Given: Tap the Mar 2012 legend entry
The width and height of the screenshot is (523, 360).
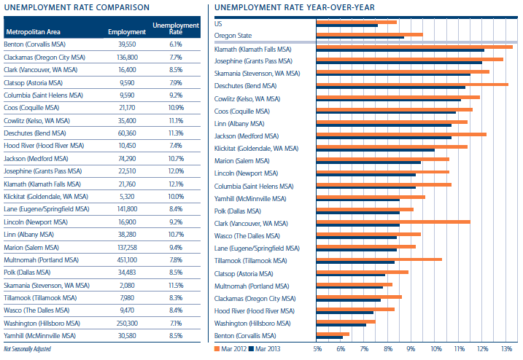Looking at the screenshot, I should (x=231, y=348).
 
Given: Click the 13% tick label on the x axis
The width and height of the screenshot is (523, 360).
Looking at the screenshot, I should (x=506, y=348).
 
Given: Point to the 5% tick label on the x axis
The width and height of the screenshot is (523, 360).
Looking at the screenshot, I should (x=317, y=348).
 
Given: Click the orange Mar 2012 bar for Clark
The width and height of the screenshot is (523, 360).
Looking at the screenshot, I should (x=393, y=222).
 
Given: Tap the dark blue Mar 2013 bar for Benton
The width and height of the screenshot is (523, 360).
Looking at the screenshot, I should (x=330, y=337).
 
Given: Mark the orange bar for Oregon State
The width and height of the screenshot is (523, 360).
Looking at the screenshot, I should (x=369, y=34).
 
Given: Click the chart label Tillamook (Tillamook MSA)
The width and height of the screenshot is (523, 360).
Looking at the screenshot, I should (x=250, y=260).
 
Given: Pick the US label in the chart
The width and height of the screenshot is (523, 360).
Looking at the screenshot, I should (x=218, y=23).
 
